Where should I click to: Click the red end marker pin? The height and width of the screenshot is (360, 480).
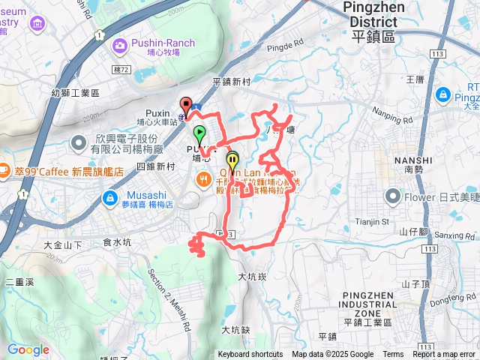(x=186, y=105)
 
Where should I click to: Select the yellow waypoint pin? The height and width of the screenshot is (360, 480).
(x=232, y=159)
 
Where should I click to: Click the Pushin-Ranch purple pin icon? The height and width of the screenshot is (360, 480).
(x=119, y=47)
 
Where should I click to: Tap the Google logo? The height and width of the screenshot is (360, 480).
(x=28, y=349)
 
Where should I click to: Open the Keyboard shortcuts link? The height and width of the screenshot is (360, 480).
(x=250, y=355)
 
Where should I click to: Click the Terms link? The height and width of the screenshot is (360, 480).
(x=393, y=355)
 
